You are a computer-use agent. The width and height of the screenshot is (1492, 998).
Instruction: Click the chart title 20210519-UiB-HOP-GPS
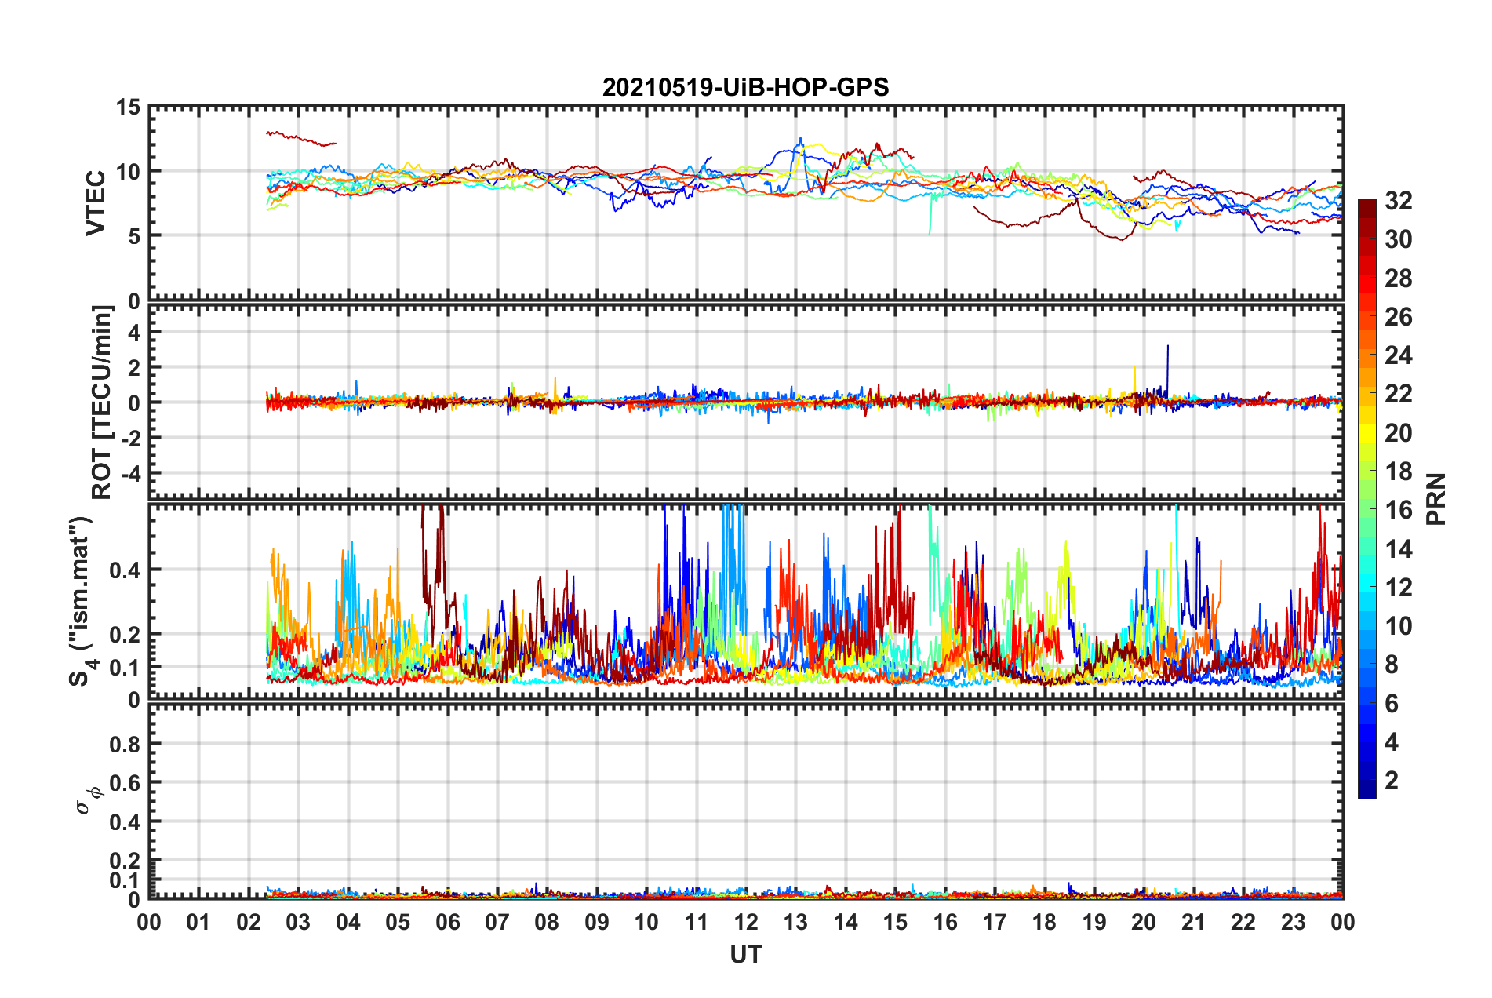point(745,87)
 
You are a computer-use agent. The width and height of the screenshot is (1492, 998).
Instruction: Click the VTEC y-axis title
point(96,202)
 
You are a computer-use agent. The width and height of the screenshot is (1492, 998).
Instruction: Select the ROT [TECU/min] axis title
point(102,402)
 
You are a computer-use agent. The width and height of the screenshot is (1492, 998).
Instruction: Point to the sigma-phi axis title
point(87,799)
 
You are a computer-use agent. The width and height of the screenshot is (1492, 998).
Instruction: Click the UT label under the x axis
point(745,954)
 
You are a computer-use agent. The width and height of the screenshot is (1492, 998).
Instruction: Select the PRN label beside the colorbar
point(1436,499)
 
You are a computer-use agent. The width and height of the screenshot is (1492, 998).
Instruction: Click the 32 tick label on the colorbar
point(1398,201)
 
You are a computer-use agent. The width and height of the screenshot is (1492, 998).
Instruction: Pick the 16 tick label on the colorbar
point(1398,510)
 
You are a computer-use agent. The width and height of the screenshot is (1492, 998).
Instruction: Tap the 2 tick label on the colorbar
point(1392,780)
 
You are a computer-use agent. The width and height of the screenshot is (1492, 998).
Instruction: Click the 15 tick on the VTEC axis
point(129,107)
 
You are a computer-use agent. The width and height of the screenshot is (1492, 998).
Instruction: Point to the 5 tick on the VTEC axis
point(134,235)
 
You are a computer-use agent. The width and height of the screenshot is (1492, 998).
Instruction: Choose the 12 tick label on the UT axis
point(746,922)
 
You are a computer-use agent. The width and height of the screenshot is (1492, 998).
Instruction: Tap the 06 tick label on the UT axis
point(447,922)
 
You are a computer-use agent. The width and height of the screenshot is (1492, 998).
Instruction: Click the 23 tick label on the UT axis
point(1293,922)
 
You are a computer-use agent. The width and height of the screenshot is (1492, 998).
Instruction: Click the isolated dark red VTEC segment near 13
point(300,139)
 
